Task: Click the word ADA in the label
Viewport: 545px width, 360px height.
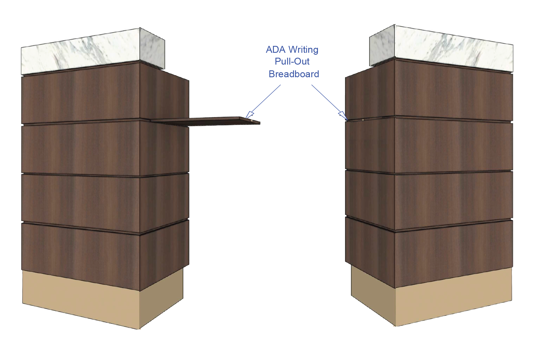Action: tap(276, 50)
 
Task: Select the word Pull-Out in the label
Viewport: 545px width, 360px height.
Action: tap(292, 62)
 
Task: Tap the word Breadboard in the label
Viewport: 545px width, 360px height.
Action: tap(294, 74)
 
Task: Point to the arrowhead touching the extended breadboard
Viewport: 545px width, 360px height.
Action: tap(249, 115)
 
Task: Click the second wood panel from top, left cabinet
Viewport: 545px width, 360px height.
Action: tap(82, 148)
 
